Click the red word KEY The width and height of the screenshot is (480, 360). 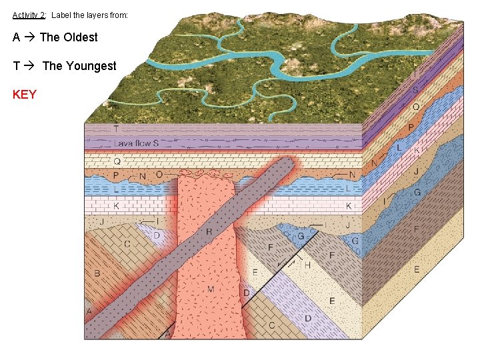[25, 95]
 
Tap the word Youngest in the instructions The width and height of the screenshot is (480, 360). [90, 66]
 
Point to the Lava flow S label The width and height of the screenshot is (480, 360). [136, 143]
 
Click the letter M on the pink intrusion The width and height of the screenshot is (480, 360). [211, 289]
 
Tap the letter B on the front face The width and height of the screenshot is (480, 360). [97, 273]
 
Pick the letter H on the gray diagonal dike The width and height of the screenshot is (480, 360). [209, 231]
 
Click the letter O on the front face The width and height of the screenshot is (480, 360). [159, 175]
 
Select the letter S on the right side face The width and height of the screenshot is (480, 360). [415, 90]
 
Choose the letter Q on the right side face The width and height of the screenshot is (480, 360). [416, 107]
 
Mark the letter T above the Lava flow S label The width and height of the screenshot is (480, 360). [116, 129]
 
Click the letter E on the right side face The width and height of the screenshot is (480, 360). [417, 269]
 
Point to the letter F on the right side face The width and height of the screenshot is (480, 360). [417, 229]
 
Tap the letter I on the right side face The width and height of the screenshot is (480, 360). [385, 201]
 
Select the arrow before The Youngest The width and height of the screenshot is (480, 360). [29, 66]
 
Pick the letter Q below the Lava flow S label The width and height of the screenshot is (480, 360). [117, 161]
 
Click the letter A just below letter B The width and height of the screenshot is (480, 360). [89, 311]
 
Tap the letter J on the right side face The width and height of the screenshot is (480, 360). [416, 171]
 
